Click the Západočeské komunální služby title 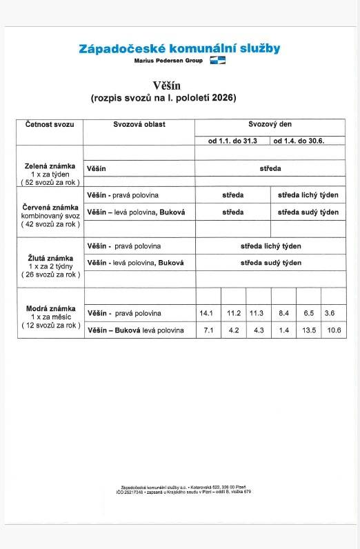click(180, 48)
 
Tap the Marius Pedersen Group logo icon click(218, 61)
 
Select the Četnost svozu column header click(49, 125)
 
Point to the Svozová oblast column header click(139, 125)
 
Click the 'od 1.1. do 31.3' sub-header click(232, 141)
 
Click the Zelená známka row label click(50, 168)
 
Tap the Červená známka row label click(50, 208)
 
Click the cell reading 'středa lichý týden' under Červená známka click(308, 196)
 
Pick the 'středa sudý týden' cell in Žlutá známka click(270, 263)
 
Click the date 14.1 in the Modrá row click(206, 313)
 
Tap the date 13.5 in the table click(309, 330)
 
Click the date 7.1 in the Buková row click(206, 330)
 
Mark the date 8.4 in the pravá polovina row click(283, 313)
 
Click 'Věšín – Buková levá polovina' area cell click(136, 330)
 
